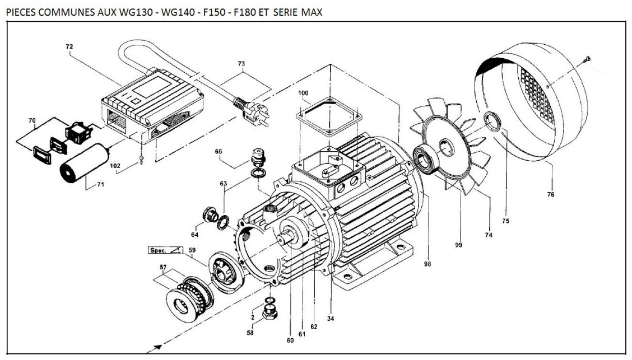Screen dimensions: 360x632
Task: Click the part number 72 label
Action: click(69, 46)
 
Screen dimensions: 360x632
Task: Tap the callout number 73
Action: click(241, 64)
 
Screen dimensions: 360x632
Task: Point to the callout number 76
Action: click(551, 195)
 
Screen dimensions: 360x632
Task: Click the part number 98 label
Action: click(428, 264)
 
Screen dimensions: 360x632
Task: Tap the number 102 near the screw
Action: click(115, 166)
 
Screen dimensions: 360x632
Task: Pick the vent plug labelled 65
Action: click(258, 157)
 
